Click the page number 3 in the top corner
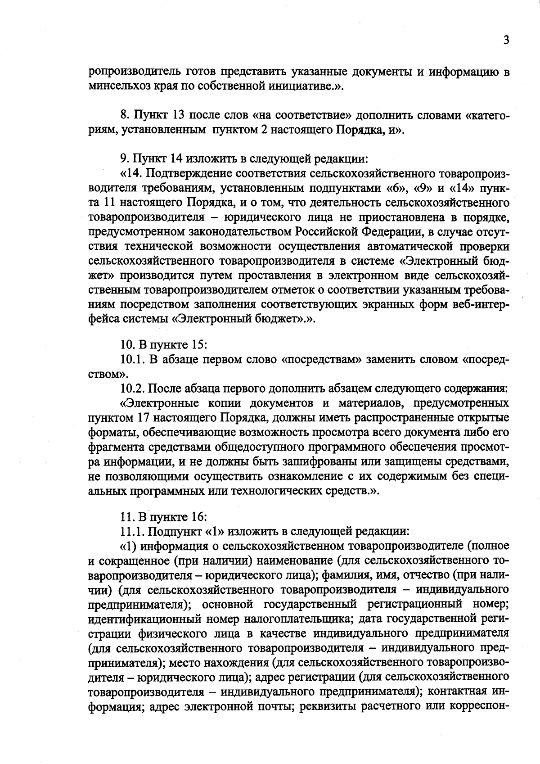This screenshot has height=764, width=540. click(506, 41)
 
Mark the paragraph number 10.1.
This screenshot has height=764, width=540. click(132, 360)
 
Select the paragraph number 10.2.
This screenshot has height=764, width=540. click(132, 389)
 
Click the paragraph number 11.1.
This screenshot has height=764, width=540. click(132, 531)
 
